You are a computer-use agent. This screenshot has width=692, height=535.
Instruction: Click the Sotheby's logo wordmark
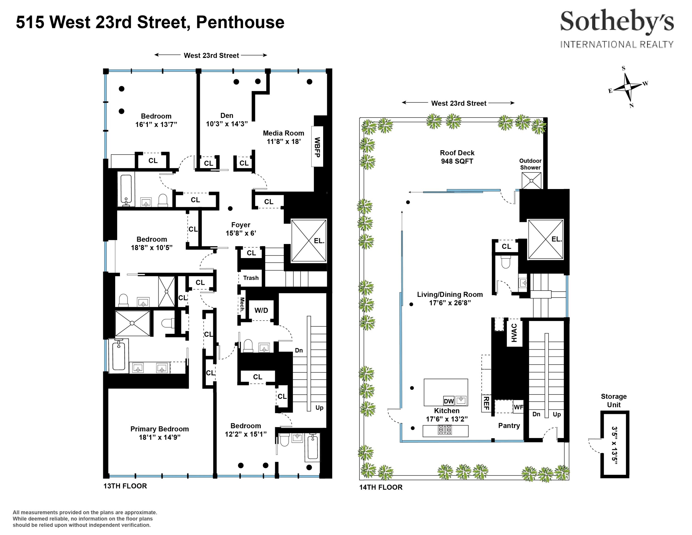pos(617,21)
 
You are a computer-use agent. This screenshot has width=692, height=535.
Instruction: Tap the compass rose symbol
pos(628,87)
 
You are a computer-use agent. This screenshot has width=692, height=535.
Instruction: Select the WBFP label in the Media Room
pos(317,147)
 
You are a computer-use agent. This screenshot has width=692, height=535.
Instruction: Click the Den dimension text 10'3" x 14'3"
pos(227,124)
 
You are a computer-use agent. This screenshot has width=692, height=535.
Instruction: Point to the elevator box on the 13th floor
pos(309,240)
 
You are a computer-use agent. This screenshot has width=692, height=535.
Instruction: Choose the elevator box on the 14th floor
pos(546,239)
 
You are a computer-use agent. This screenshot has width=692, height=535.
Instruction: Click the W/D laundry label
pos(261,310)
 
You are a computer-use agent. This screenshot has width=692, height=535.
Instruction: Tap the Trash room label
pos(251,278)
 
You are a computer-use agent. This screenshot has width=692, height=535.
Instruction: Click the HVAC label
pos(514,333)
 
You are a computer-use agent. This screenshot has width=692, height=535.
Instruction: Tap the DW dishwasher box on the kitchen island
pos(449,401)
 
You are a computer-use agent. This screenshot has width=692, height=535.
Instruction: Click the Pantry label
pos(509,426)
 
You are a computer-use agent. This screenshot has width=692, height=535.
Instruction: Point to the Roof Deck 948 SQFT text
pos(457,157)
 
